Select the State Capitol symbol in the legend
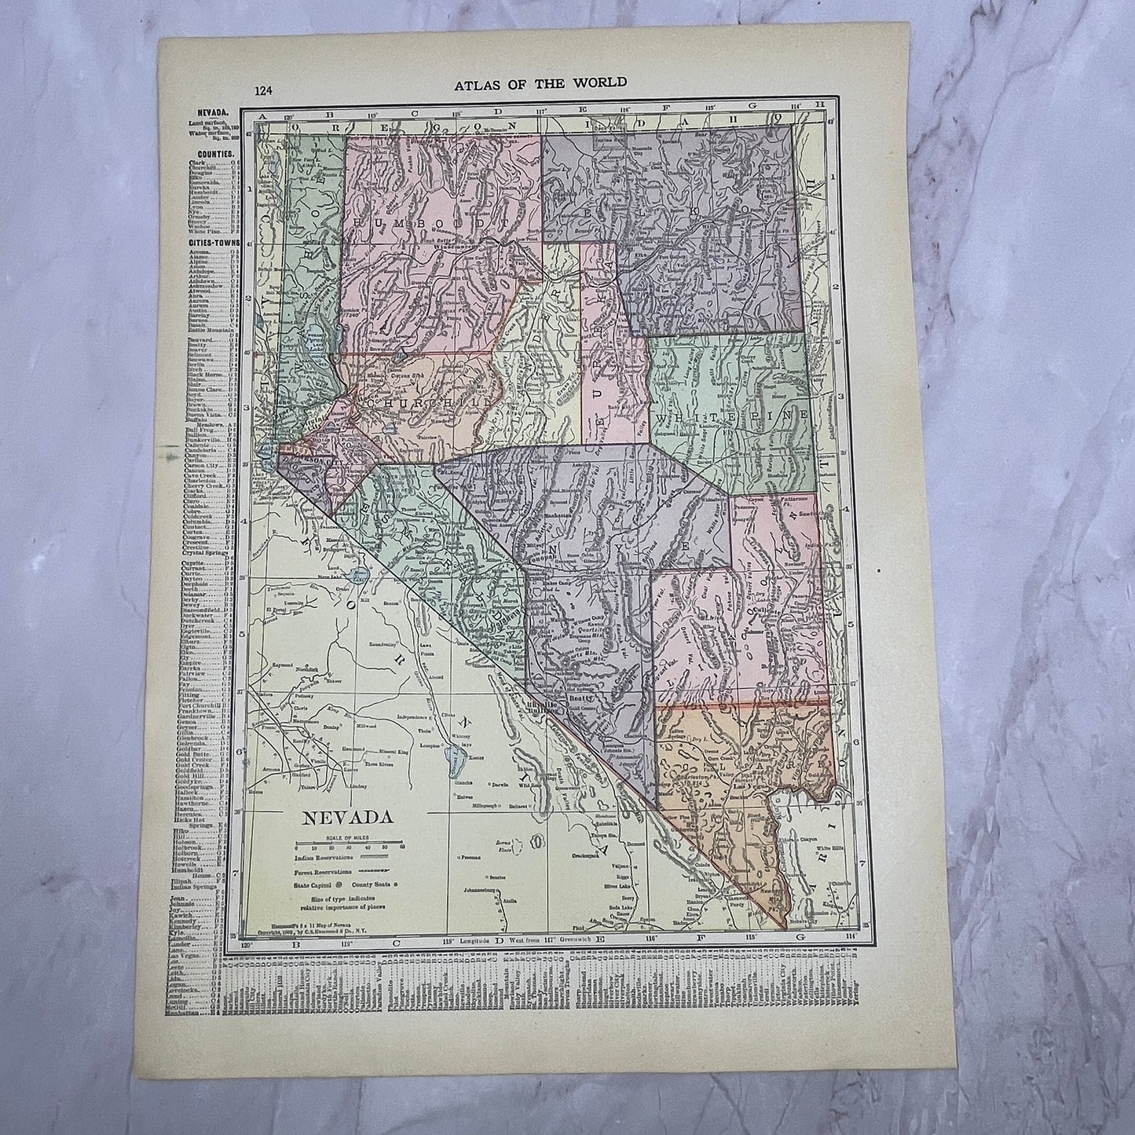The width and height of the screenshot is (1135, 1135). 345,885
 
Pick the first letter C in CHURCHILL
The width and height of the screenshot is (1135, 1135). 368,402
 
